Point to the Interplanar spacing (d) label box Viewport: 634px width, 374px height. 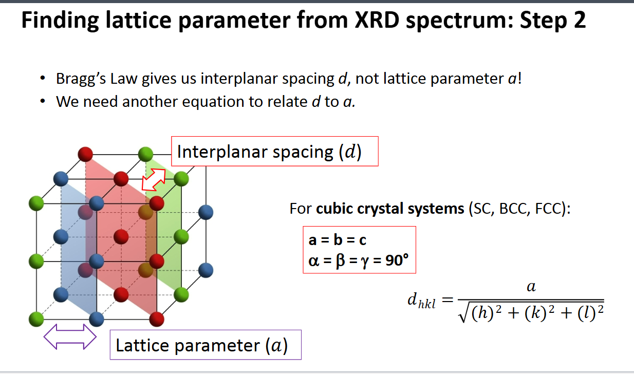click(x=274, y=152)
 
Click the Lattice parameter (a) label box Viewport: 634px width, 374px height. click(x=205, y=345)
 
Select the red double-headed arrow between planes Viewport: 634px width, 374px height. click(x=154, y=178)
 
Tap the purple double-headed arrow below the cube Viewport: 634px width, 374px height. click(x=70, y=338)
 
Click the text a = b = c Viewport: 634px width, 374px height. click(x=337, y=240)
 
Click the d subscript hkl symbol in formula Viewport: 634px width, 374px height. click(x=420, y=302)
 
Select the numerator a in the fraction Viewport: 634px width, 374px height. click(x=531, y=287)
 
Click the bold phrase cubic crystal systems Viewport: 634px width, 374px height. click(x=390, y=209)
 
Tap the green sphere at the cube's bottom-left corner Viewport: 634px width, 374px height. click(x=36, y=317)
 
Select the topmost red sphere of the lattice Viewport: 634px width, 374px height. click(x=85, y=153)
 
